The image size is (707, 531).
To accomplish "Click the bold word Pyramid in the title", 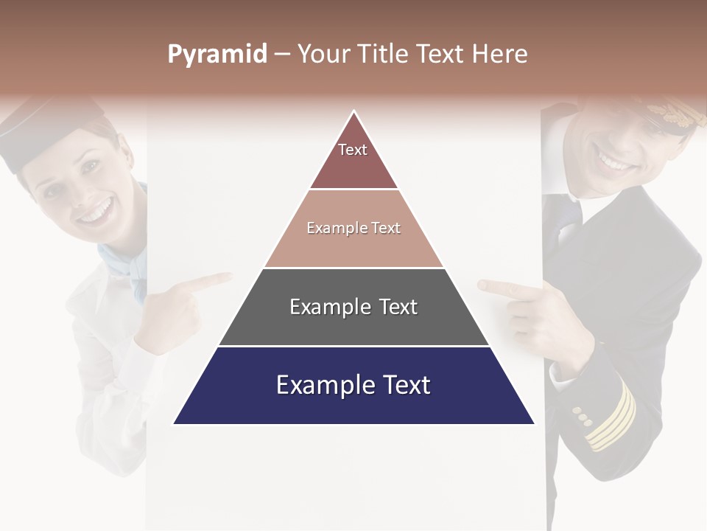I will click(217, 55).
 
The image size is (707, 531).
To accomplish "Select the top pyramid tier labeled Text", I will click(353, 159).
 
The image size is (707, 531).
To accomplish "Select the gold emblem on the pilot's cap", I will click(674, 114).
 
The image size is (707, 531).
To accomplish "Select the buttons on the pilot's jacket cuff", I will click(583, 416).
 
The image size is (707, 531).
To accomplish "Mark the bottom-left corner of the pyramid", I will click(174, 424).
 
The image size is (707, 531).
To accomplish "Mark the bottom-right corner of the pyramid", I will click(534, 424).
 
